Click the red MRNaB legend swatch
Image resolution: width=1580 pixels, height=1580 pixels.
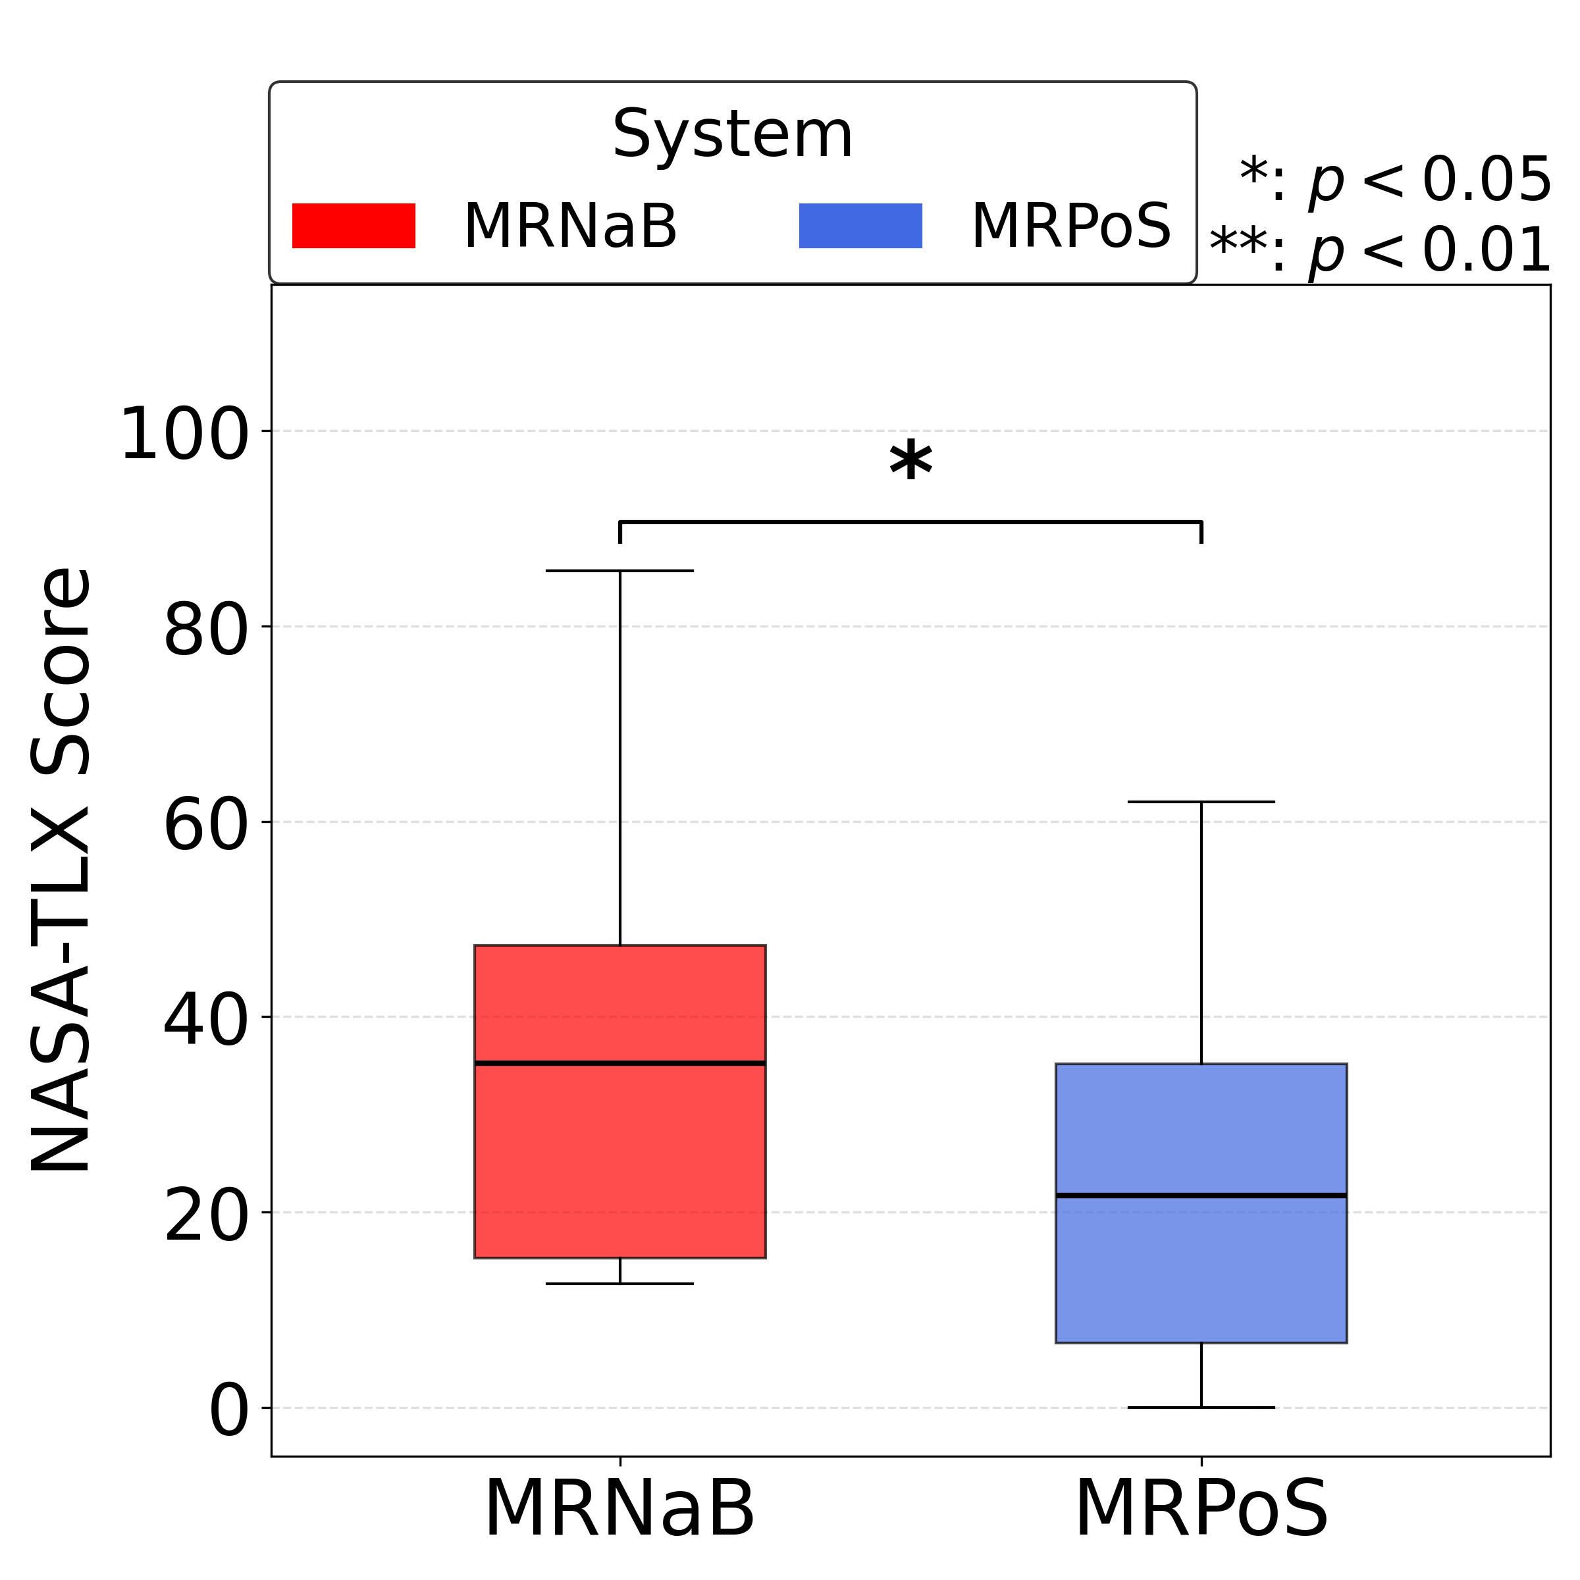click(x=354, y=226)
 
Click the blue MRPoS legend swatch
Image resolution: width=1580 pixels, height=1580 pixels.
click(x=860, y=226)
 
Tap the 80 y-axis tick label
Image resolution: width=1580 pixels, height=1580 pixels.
click(x=205, y=631)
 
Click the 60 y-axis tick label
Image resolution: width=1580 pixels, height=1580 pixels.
click(x=205, y=826)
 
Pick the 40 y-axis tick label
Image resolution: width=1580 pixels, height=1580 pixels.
click(x=205, y=1022)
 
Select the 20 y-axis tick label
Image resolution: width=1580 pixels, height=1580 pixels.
click(x=205, y=1217)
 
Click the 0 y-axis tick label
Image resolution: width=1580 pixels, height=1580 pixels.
click(x=228, y=1412)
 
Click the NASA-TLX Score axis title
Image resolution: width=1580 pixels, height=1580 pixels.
click(x=61, y=870)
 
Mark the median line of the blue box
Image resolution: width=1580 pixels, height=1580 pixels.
click(x=1201, y=1196)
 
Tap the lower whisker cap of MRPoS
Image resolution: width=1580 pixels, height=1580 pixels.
click(x=1201, y=1408)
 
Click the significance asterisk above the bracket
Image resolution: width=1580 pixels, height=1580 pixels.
click(x=910, y=463)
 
